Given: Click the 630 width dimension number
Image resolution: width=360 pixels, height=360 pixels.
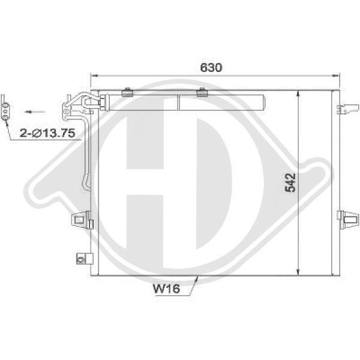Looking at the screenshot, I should [211, 67].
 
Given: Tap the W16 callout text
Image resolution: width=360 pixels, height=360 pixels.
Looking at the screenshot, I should [166, 289].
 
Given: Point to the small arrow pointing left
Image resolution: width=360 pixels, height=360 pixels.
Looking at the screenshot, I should [36, 111].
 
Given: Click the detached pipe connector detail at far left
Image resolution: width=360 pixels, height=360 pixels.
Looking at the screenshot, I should [5, 109].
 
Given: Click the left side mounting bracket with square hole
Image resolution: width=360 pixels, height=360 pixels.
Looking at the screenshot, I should [80, 221].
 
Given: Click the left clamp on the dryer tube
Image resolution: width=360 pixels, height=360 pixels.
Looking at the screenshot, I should [127, 93].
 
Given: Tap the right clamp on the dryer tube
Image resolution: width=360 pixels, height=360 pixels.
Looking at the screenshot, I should [202, 93].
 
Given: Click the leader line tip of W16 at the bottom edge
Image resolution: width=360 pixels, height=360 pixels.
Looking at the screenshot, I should [197, 277].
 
